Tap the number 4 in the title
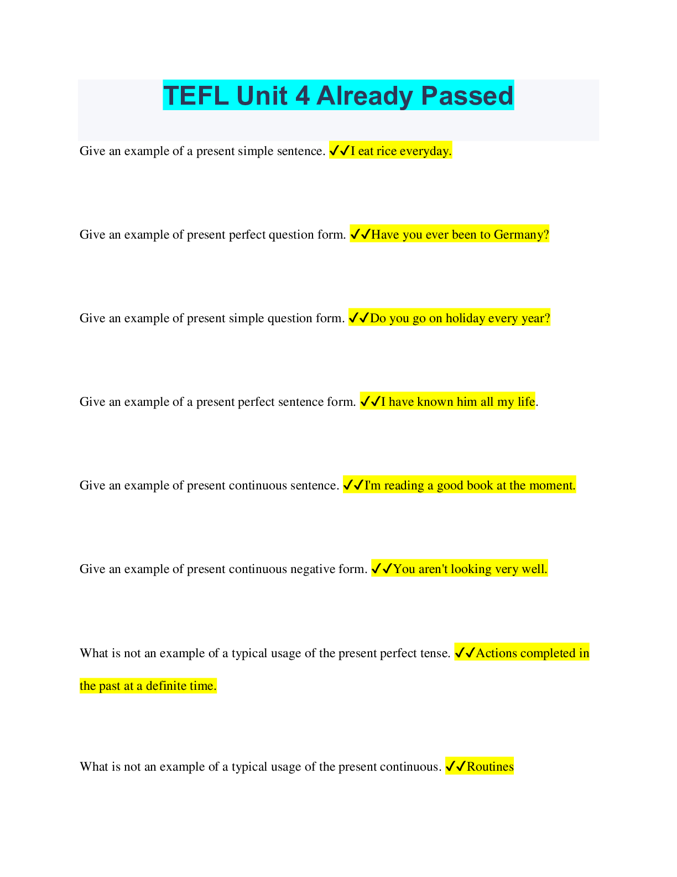tap(303, 96)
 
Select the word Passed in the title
tap(467, 96)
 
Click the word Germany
tap(521, 235)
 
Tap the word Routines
tap(490, 767)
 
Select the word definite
tap(165, 686)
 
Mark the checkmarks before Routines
tap(456, 767)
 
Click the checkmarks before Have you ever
tap(360, 235)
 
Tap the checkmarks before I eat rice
tap(340, 151)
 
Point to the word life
tap(526, 402)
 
